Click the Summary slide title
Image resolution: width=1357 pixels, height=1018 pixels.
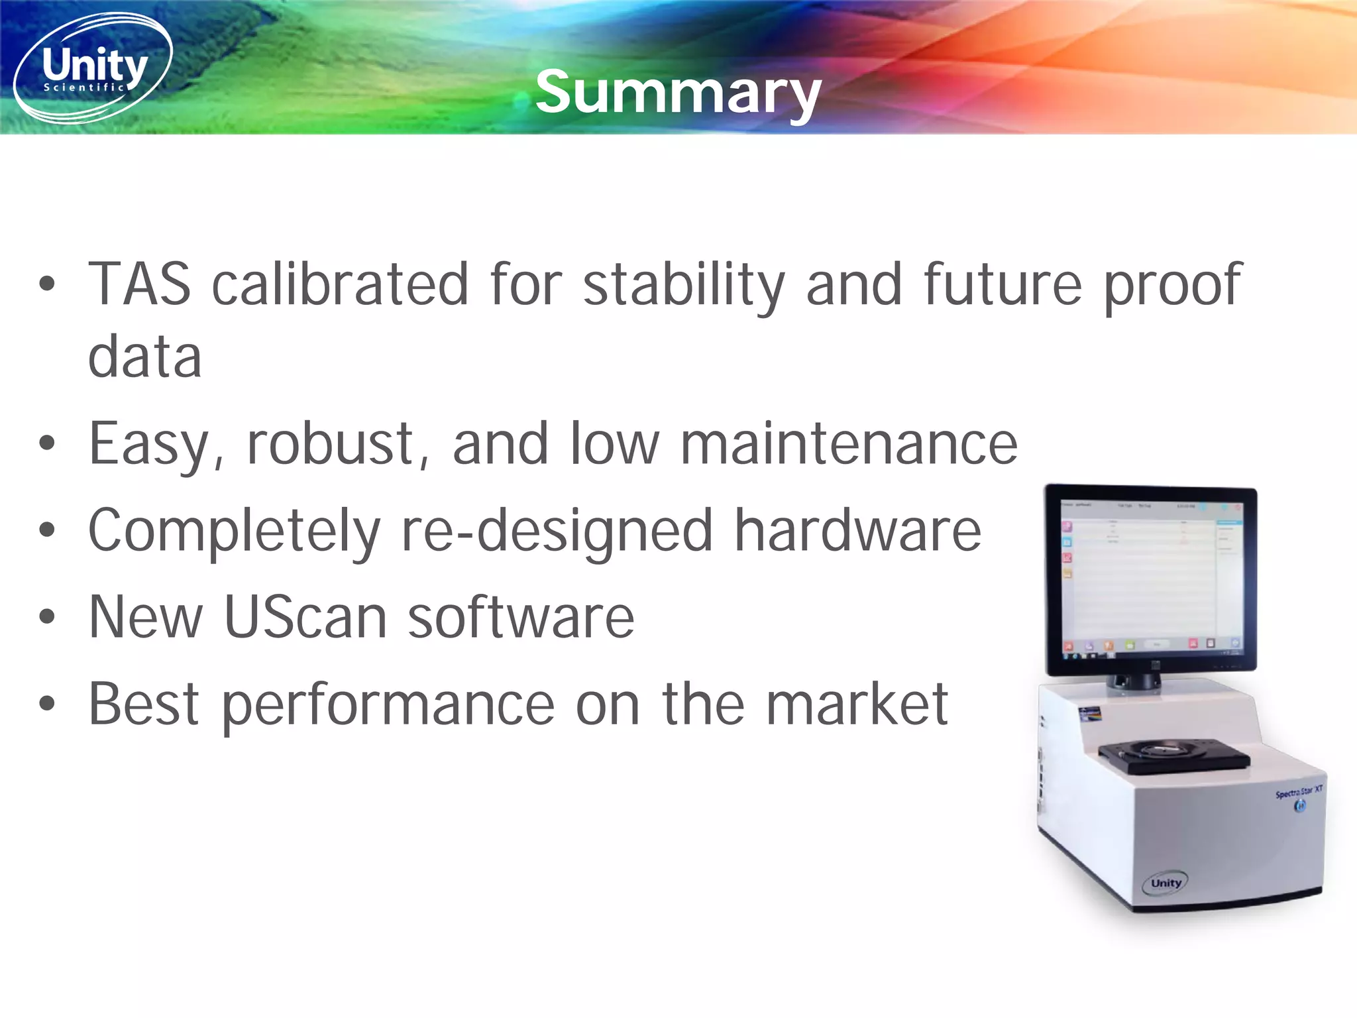click(x=678, y=93)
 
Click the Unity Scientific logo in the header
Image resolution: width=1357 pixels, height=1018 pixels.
click(x=93, y=68)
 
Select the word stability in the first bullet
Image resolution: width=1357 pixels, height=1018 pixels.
click(x=683, y=285)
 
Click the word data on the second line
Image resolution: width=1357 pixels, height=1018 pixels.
click(x=144, y=357)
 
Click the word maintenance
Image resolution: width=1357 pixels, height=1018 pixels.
click(x=849, y=444)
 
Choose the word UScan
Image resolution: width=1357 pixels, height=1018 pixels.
click(x=305, y=617)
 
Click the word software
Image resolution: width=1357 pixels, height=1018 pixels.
click(x=521, y=617)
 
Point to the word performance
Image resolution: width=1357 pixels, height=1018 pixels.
click(x=388, y=704)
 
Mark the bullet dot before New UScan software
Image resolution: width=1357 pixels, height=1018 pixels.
click(x=47, y=617)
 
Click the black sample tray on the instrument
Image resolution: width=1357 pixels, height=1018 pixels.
click(x=1173, y=755)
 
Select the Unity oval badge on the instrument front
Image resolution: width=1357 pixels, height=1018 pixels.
click(x=1166, y=883)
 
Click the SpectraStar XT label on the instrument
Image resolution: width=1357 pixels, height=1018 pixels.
click(x=1299, y=791)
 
